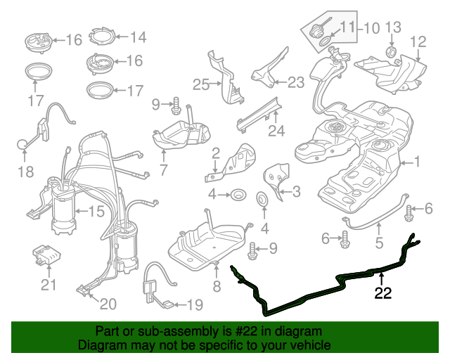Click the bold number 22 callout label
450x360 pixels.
[382, 295]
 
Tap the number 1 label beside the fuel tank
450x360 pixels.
[416, 162]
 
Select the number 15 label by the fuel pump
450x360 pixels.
[95, 210]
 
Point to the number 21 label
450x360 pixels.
[48, 285]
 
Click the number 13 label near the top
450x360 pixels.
[392, 27]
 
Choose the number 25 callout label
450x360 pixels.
[201, 85]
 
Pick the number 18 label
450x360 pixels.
[25, 172]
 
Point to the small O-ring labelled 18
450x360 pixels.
[23, 145]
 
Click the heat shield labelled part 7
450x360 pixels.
[182, 135]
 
